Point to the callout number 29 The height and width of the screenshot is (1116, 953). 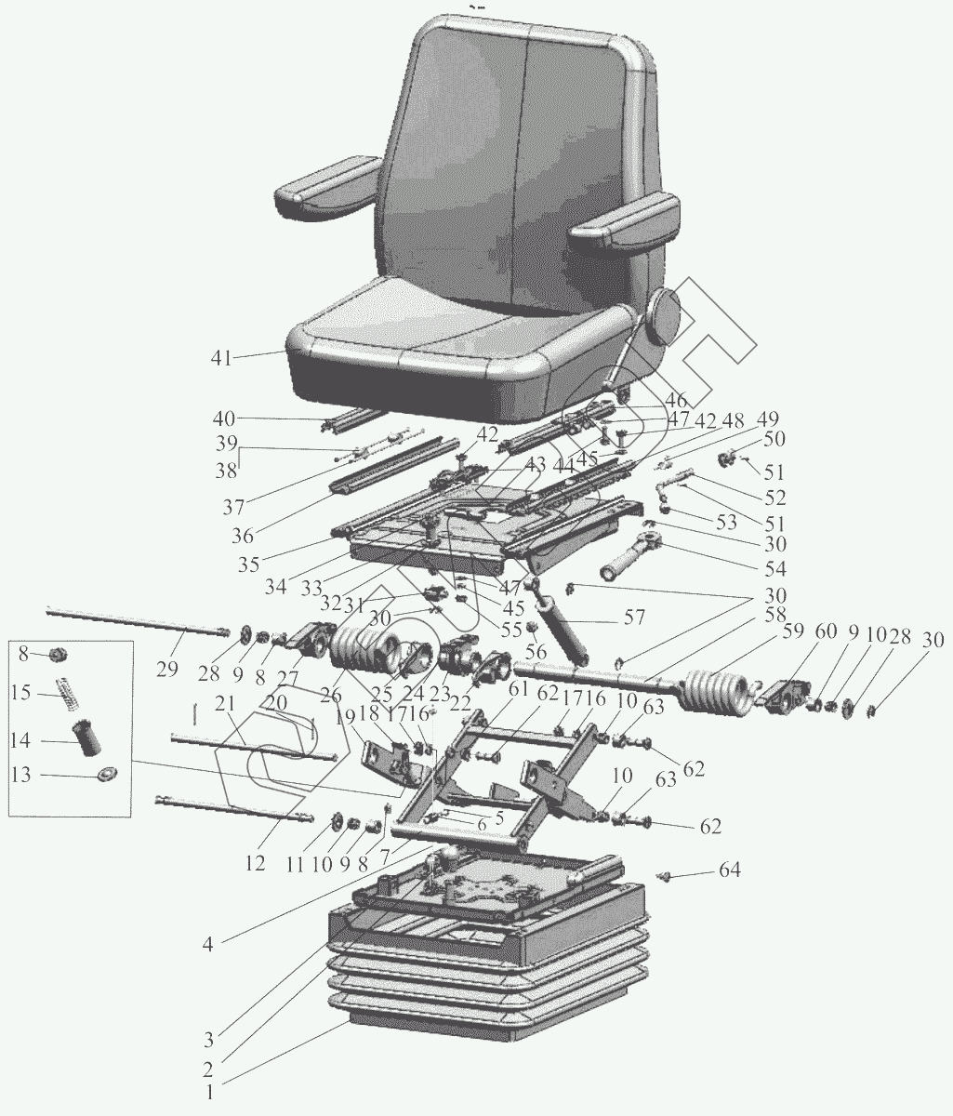pyautogui.click(x=167, y=645)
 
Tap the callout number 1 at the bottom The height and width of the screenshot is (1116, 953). pyautogui.click(x=211, y=1094)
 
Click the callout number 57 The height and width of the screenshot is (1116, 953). pyautogui.click(x=634, y=618)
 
